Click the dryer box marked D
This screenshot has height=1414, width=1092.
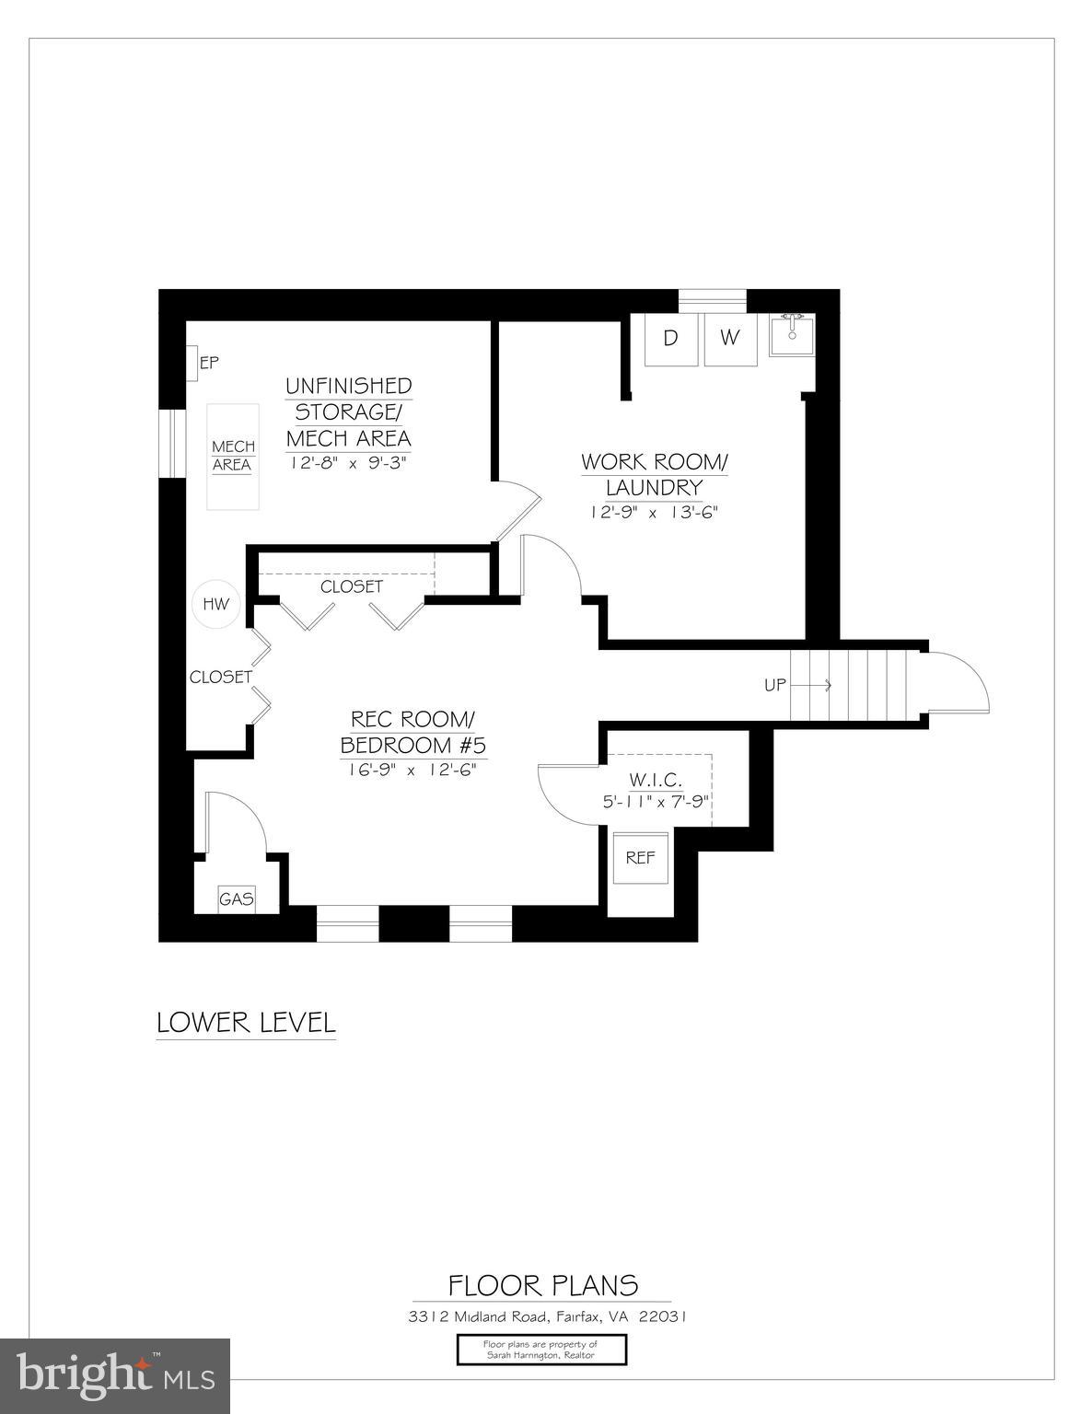670,339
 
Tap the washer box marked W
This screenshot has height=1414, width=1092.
729,339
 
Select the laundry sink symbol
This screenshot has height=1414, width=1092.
792,334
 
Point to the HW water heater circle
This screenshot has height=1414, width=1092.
215,605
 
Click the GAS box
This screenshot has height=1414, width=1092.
236,898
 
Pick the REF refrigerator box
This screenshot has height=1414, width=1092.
640,857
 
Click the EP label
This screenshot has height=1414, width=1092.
209,363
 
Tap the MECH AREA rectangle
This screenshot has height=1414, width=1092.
232,456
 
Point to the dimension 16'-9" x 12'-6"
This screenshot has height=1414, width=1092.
408,769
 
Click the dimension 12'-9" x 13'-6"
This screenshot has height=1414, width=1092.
654,512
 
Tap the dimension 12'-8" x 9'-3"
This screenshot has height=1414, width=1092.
348,462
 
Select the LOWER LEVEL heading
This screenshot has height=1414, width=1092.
246,1022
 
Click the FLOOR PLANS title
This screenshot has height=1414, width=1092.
543,1285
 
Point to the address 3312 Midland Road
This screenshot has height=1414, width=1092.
547,1316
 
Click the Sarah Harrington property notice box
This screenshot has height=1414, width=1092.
541,1350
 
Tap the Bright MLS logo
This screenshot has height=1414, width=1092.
115,1374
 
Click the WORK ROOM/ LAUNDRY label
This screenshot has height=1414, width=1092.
654,474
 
